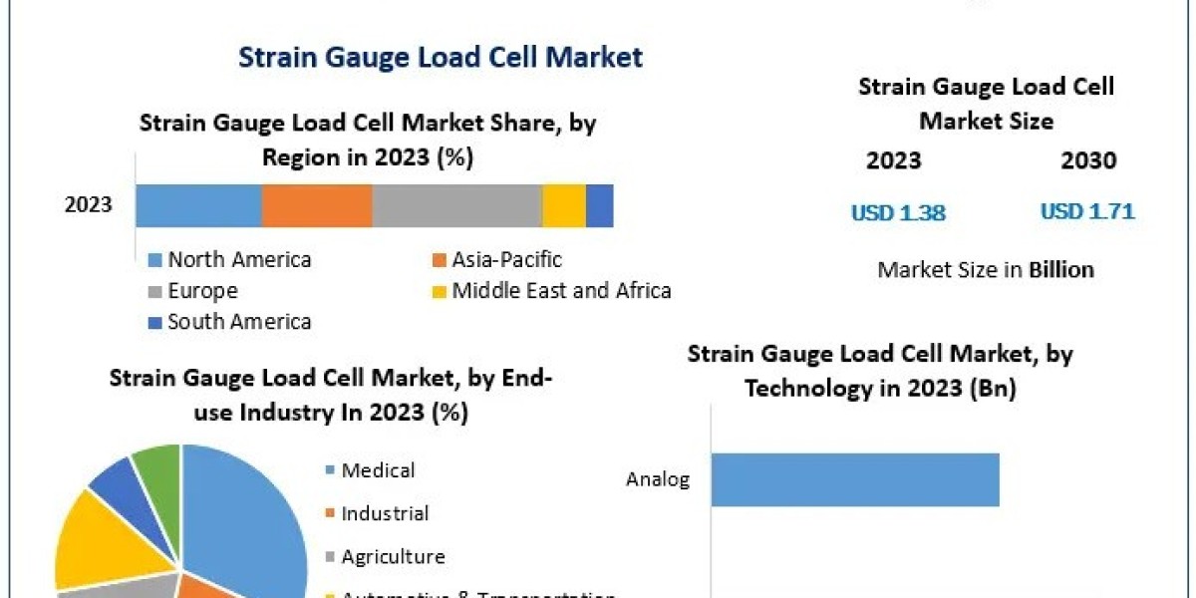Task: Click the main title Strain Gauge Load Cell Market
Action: click(x=441, y=57)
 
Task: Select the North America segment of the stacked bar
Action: click(x=198, y=206)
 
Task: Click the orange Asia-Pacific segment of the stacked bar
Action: click(x=317, y=206)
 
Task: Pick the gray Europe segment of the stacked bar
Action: click(x=456, y=206)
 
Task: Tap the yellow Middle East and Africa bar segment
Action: click(x=564, y=206)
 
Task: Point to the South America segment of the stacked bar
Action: click(x=599, y=206)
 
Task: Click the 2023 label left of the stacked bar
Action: click(x=89, y=206)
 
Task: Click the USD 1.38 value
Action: click(x=898, y=212)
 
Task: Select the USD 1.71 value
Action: click(x=1087, y=211)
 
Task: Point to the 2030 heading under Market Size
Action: click(x=1088, y=160)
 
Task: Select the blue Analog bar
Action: click(x=854, y=479)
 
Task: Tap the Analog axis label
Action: click(x=658, y=479)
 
